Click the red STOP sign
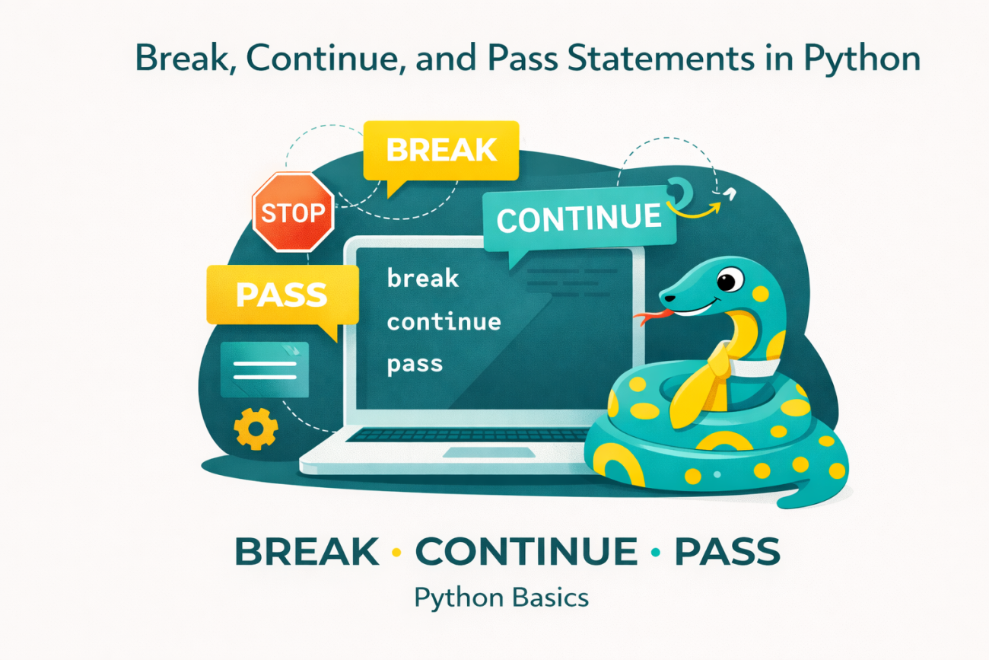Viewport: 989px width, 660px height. (293, 211)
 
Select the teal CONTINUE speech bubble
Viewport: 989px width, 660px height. (578, 218)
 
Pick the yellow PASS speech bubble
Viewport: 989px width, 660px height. (281, 295)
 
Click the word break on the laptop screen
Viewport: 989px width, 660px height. (423, 279)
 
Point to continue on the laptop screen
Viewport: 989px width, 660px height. (444, 321)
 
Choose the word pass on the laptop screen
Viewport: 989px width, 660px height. (415, 364)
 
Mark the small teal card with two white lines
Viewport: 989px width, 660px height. (265, 369)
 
